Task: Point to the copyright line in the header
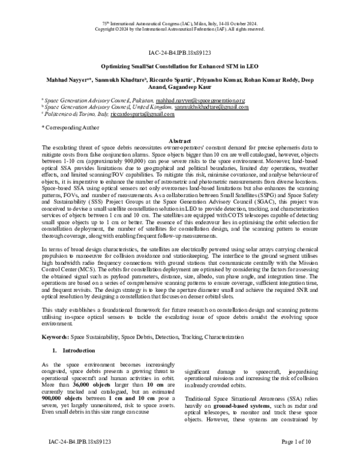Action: pyautogui.click(x=179, y=28)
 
